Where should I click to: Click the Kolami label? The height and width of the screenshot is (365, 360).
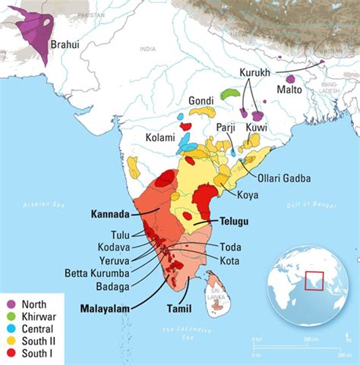point(160,138)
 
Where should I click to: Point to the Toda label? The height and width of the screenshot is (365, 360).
point(230,247)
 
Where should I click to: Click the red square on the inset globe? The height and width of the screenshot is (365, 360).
point(312,282)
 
